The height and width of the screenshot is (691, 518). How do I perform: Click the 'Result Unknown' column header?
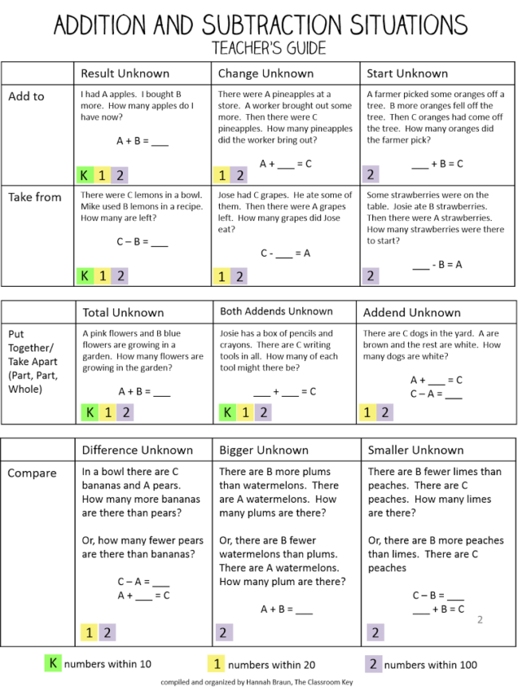click(x=124, y=73)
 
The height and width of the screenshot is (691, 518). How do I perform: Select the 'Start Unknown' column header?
click(x=406, y=73)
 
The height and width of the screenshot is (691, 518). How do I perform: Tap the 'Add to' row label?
click(x=26, y=96)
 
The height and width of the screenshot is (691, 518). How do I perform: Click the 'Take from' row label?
click(x=34, y=197)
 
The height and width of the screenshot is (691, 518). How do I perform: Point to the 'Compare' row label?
click(x=32, y=473)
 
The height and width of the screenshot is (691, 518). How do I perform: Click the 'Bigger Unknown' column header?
click(x=263, y=450)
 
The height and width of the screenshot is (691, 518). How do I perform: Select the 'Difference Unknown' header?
click(x=138, y=450)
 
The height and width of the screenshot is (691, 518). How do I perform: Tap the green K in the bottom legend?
click(x=53, y=663)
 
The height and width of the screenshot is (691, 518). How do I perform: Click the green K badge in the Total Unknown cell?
click(x=89, y=412)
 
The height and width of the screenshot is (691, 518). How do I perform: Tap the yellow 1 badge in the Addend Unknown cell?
click(x=367, y=412)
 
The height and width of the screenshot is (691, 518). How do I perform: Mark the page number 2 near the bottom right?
click(x=480, y=619)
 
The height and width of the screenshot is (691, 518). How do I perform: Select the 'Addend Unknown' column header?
click(x=412, y=312)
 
